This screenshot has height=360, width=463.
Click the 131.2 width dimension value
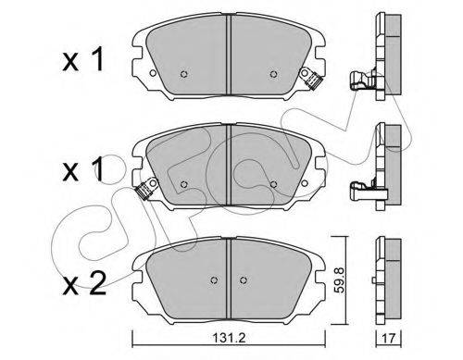[229, 339]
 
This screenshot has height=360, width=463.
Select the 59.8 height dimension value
[340, 279]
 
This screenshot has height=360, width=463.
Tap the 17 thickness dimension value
[388, 339]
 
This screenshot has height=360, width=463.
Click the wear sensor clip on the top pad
[311, 78]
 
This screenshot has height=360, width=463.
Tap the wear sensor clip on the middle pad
[146, 189]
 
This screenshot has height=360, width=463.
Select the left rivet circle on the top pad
[184, 74]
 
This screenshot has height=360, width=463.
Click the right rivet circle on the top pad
[273, 74]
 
